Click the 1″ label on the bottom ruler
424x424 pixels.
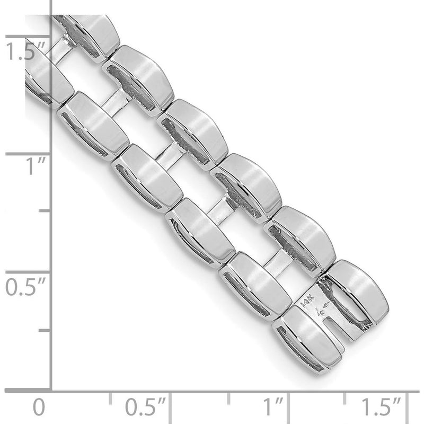click(x=274, y=408)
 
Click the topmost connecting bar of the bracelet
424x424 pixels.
click(x=63, y=48)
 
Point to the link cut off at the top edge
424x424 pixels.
click(x=90, y=34)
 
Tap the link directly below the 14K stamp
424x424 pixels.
click(x=307, y=339)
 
